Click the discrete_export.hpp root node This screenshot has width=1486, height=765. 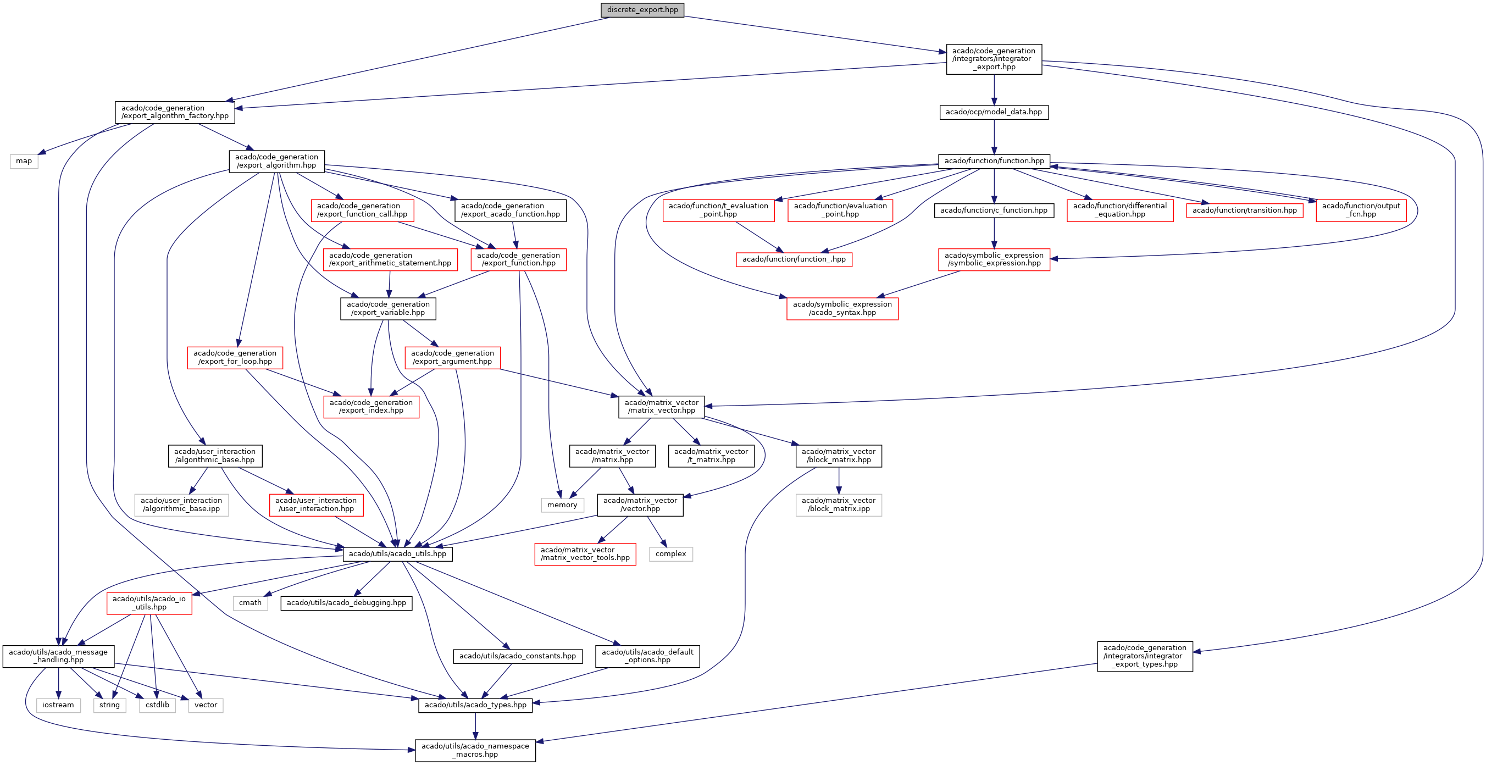(642, 10)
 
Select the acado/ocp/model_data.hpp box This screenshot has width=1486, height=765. (994, 112)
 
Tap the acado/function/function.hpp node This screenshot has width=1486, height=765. (994, 161)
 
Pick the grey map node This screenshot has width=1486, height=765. (24, 161)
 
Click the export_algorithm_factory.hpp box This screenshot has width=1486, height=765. (175, 112)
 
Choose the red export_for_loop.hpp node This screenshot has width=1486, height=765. (235, 357)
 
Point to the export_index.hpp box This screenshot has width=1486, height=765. (371, 407)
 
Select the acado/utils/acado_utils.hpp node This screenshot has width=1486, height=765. (397, 554)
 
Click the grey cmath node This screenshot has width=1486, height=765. (251, 603)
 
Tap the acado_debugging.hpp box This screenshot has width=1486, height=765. (346, 603)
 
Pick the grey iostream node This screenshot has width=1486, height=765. (58, 705)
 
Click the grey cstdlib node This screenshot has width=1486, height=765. (157, 705)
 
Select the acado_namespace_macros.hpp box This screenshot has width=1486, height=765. (475, 750)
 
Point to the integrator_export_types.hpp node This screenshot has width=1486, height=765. (1145, 656)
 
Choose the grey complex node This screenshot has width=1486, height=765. (670, 554)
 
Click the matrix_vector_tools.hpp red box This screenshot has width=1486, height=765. (585, 554)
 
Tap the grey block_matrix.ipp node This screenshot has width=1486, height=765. (838, 505)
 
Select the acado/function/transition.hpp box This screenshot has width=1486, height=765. (1244, 210)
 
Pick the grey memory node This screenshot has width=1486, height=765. (562, 505)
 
